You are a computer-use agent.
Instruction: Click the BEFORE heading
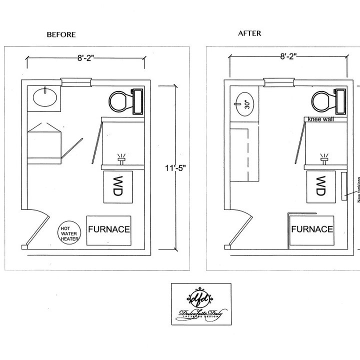pos(61,34)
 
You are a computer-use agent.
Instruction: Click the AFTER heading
pos(250,33)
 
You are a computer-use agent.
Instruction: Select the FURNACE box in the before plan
pos(109,230)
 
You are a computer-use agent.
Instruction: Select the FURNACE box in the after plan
pos(312,229)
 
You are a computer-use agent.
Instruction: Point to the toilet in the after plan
pos(327,101)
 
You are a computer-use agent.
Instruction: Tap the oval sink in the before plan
pos(45,97)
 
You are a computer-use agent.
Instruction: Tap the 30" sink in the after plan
pos(244,104)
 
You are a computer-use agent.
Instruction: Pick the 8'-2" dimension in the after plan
pos(288,57)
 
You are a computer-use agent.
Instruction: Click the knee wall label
pos(321,120)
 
